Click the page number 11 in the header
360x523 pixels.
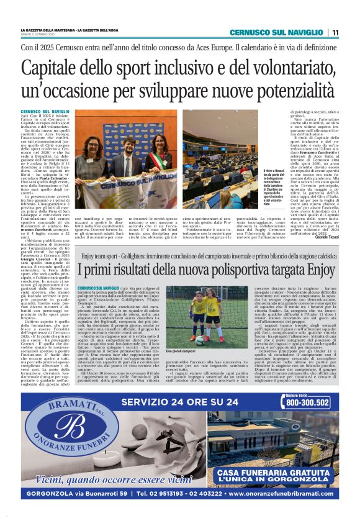pyautogui.click(x=335, y=32)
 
